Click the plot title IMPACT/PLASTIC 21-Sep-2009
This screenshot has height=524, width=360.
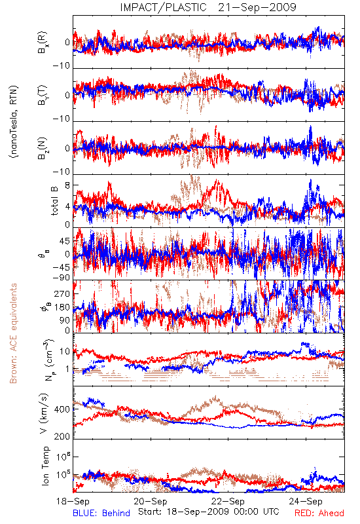pos(208,7)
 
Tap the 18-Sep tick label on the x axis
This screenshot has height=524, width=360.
pos(73,501)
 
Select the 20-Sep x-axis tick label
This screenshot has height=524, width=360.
pos(151,501)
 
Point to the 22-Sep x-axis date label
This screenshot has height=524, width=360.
pos(228,501)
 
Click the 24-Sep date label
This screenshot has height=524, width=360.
pos(306,501)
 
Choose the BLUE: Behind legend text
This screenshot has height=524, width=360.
pos(101,513)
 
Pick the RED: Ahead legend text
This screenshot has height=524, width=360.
pos(319,513)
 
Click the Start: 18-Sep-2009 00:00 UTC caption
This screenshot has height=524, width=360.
pos(209,512)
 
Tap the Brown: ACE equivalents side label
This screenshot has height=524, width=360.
pos(13,333)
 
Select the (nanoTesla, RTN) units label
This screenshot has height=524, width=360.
pos(14,122)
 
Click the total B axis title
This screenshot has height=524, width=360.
pos(54,200)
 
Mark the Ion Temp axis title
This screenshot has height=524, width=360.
pos(45,466)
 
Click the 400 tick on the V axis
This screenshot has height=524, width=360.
pos(62,409)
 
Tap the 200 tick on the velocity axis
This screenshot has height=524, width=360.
pos(62,436)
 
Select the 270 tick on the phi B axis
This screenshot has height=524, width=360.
pos(62,293)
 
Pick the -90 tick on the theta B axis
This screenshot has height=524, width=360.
pos(61,278)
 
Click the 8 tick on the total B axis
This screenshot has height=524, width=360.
pos(67,185)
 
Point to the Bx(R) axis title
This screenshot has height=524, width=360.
pos(43,43)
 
